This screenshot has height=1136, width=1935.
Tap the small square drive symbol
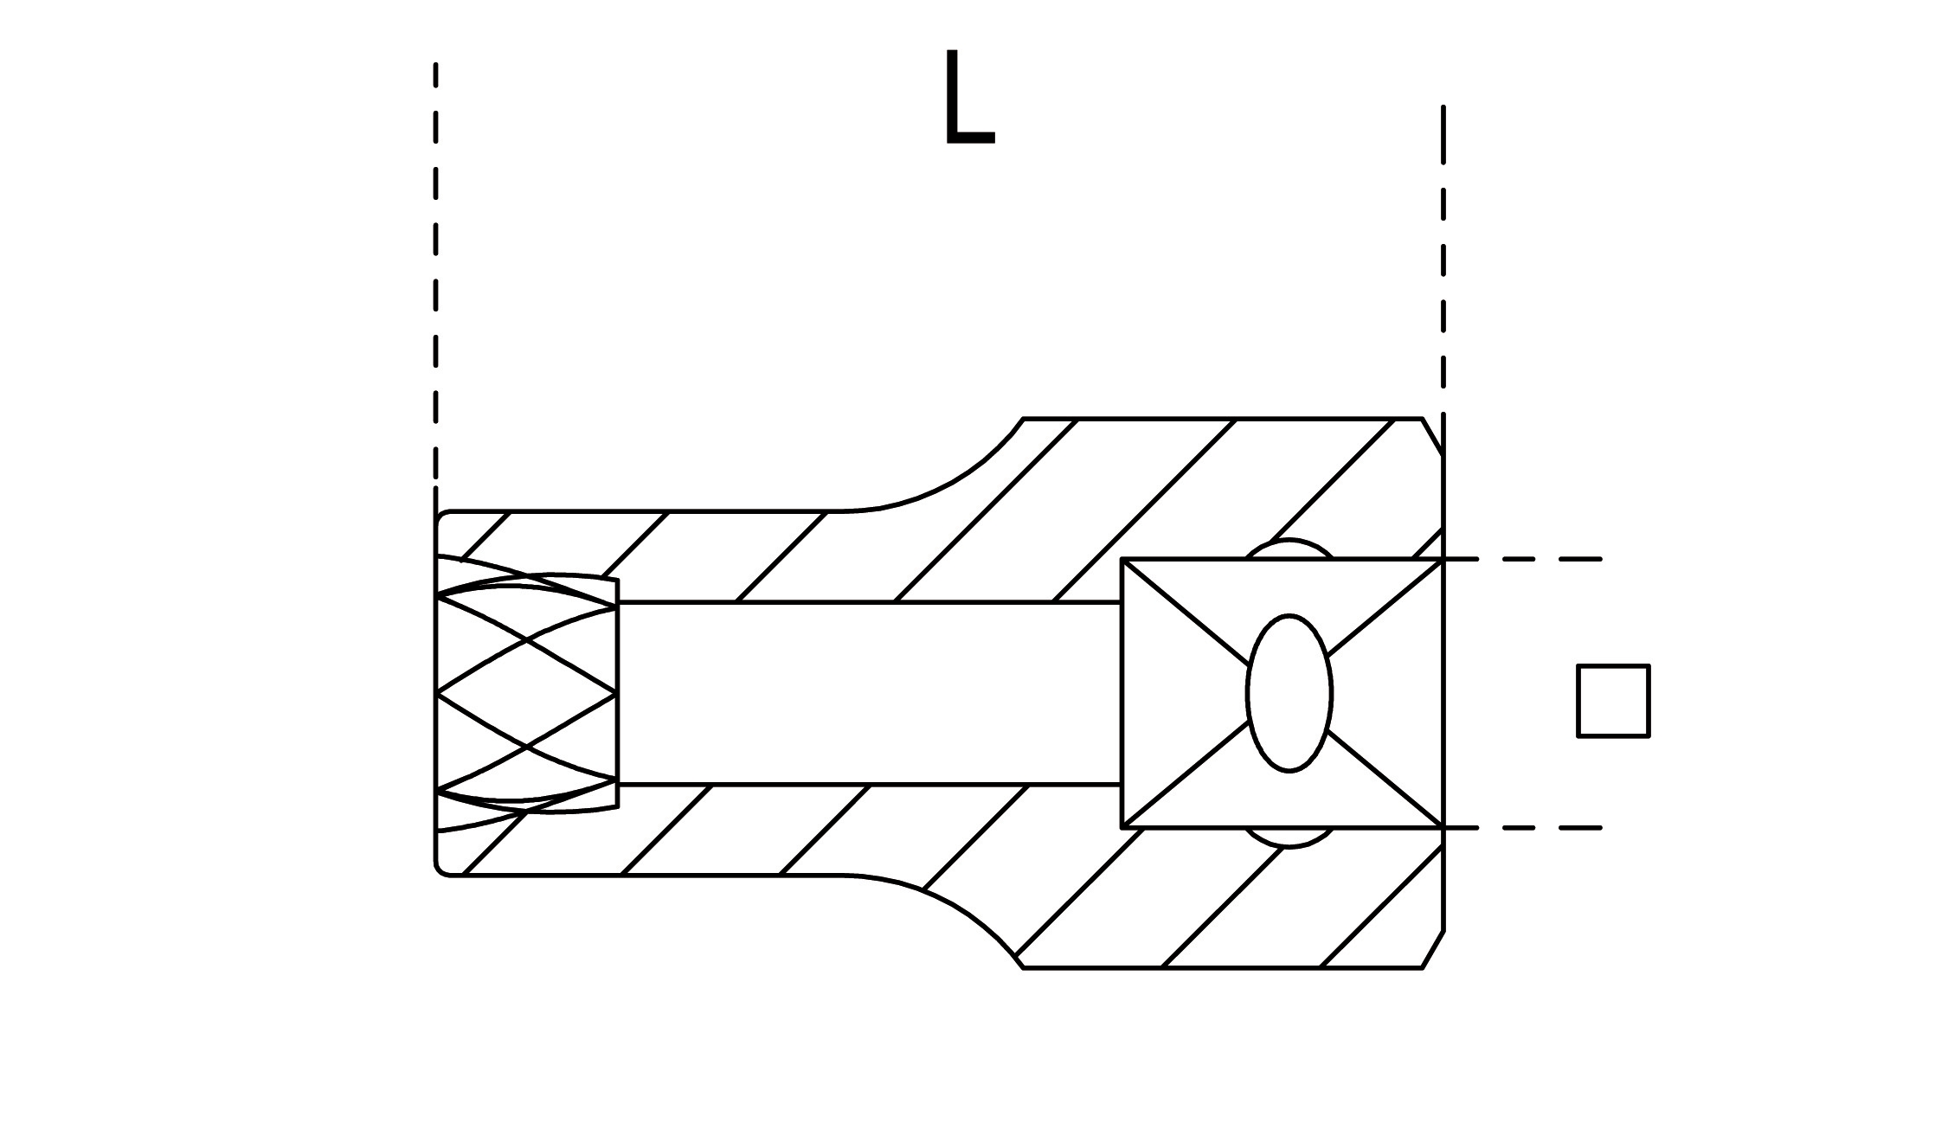pyautogui.click(x=1613, y=701)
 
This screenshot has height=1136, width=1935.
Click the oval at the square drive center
pyautogui.click(x=1289, y=693)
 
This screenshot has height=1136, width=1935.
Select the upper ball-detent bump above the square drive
pyautogui.click(x=1289, y=549)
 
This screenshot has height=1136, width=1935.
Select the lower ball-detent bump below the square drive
pyautogui.click(x=1289, y=838)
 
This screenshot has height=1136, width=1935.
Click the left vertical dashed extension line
pyautogui.click(x=435, y=277)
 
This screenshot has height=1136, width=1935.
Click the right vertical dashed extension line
pyautogui.click(x=1443, y=260)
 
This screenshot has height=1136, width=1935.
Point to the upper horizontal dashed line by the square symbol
pyautogui.click(x=1532, y=560)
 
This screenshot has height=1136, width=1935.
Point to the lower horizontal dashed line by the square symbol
pyautogui.click(x=1532, y=828)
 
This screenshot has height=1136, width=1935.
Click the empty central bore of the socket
pyautogui.click(x=865, y=693)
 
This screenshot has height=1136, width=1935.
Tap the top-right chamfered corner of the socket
pyautogui.click(x=1433, y=435)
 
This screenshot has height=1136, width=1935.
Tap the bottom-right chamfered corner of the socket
pyautogui.click(x=1433, y=950)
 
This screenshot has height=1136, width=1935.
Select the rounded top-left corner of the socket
pyautogui.click(x=440, y=517)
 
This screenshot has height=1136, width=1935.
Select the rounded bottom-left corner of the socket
pyautogui.click(x=440, y=870)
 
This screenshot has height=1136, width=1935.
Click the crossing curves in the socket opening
pyautogui.click(x=527, y=693)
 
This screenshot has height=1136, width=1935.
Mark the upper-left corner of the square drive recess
pyautogui.click(x=1122, y=560)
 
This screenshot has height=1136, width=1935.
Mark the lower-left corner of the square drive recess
pyautogui.click(x=1122, y=827)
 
